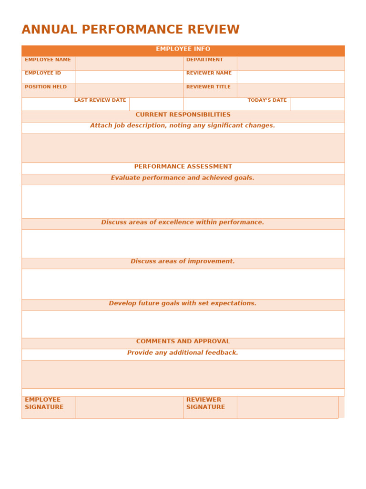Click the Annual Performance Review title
point(131,30)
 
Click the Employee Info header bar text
point(183,49)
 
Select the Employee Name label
point(48,60)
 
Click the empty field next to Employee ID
point(129,77)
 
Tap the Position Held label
point(46,87)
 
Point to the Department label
point(204,60)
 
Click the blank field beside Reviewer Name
point(290,77)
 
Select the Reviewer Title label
point(208,87)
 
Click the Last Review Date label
point(100,101)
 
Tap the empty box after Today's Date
point(317,104)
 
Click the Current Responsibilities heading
point(183,115)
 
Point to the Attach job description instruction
point(183,126)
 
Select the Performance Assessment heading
point(183,167)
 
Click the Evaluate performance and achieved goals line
point(183,178)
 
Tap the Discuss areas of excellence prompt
point(183,223)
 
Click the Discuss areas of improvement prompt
point(183,262)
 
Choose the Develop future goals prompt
point(183,304)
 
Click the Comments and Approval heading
point(183,342)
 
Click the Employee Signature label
point(44,404)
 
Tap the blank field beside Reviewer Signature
point(287,407)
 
